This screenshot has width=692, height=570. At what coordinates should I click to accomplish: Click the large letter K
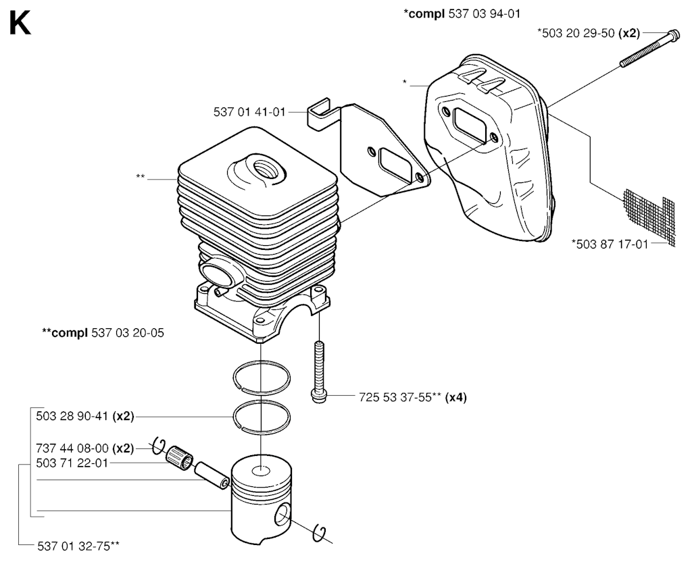tap(20, 24)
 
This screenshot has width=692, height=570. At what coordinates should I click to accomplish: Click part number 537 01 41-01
tap(251, 112)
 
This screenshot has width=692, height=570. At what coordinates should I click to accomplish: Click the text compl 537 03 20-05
tap(103, 332)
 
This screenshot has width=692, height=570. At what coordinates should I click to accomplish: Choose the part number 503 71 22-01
tap(72, 463)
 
